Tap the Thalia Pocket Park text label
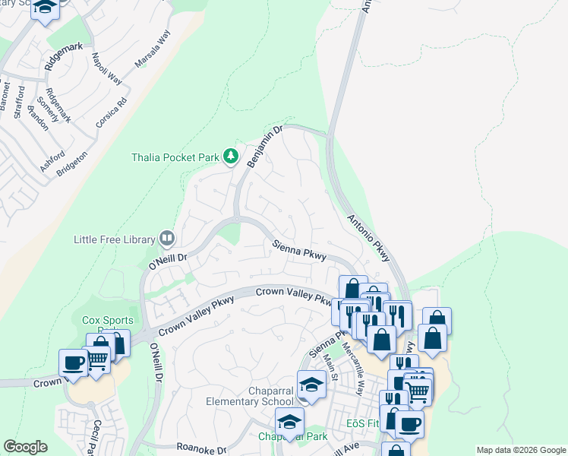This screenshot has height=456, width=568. coord(175,157)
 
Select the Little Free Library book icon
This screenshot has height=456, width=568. coord(166,239)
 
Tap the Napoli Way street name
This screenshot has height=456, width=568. coord(106,68)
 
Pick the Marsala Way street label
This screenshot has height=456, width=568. coord(153,50)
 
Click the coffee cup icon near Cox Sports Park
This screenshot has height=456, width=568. coord(74,363)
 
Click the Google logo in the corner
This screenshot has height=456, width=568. coord(25,447)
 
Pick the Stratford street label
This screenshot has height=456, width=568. coord(20,103)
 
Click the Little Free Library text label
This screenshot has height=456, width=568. coord(115,239)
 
